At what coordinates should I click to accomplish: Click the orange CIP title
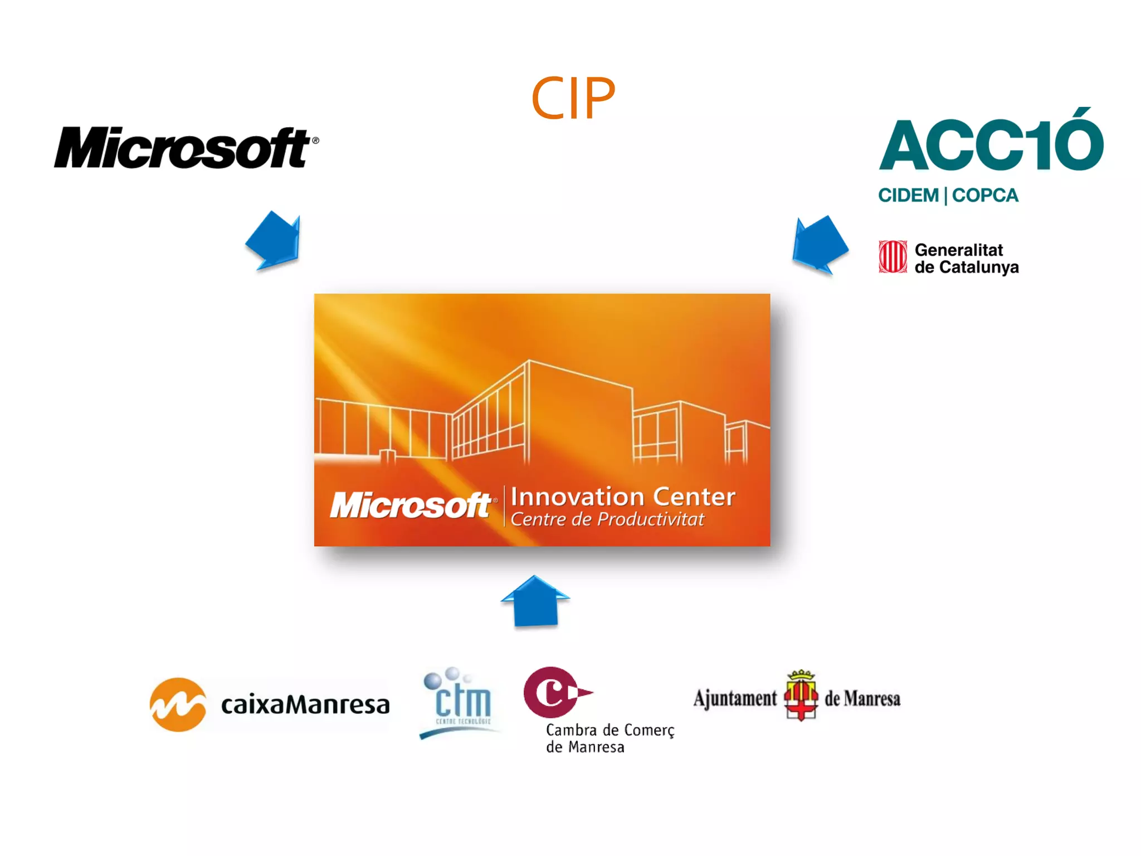point(573,99)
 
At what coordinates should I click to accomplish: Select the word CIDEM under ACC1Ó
point(908,196)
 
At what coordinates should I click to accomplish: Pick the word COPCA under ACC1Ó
point(985,196)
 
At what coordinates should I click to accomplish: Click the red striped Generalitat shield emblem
point(893,257)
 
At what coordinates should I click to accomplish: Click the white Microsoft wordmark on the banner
point(411,505)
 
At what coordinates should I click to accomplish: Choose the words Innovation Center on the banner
point(623,497)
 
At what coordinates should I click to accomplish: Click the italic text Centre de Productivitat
point(607,519)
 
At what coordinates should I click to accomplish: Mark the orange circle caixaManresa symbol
point(178,704)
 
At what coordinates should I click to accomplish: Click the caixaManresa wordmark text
point(305,705)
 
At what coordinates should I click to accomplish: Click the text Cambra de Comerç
point(609,730)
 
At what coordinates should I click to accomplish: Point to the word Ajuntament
point(735,698)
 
